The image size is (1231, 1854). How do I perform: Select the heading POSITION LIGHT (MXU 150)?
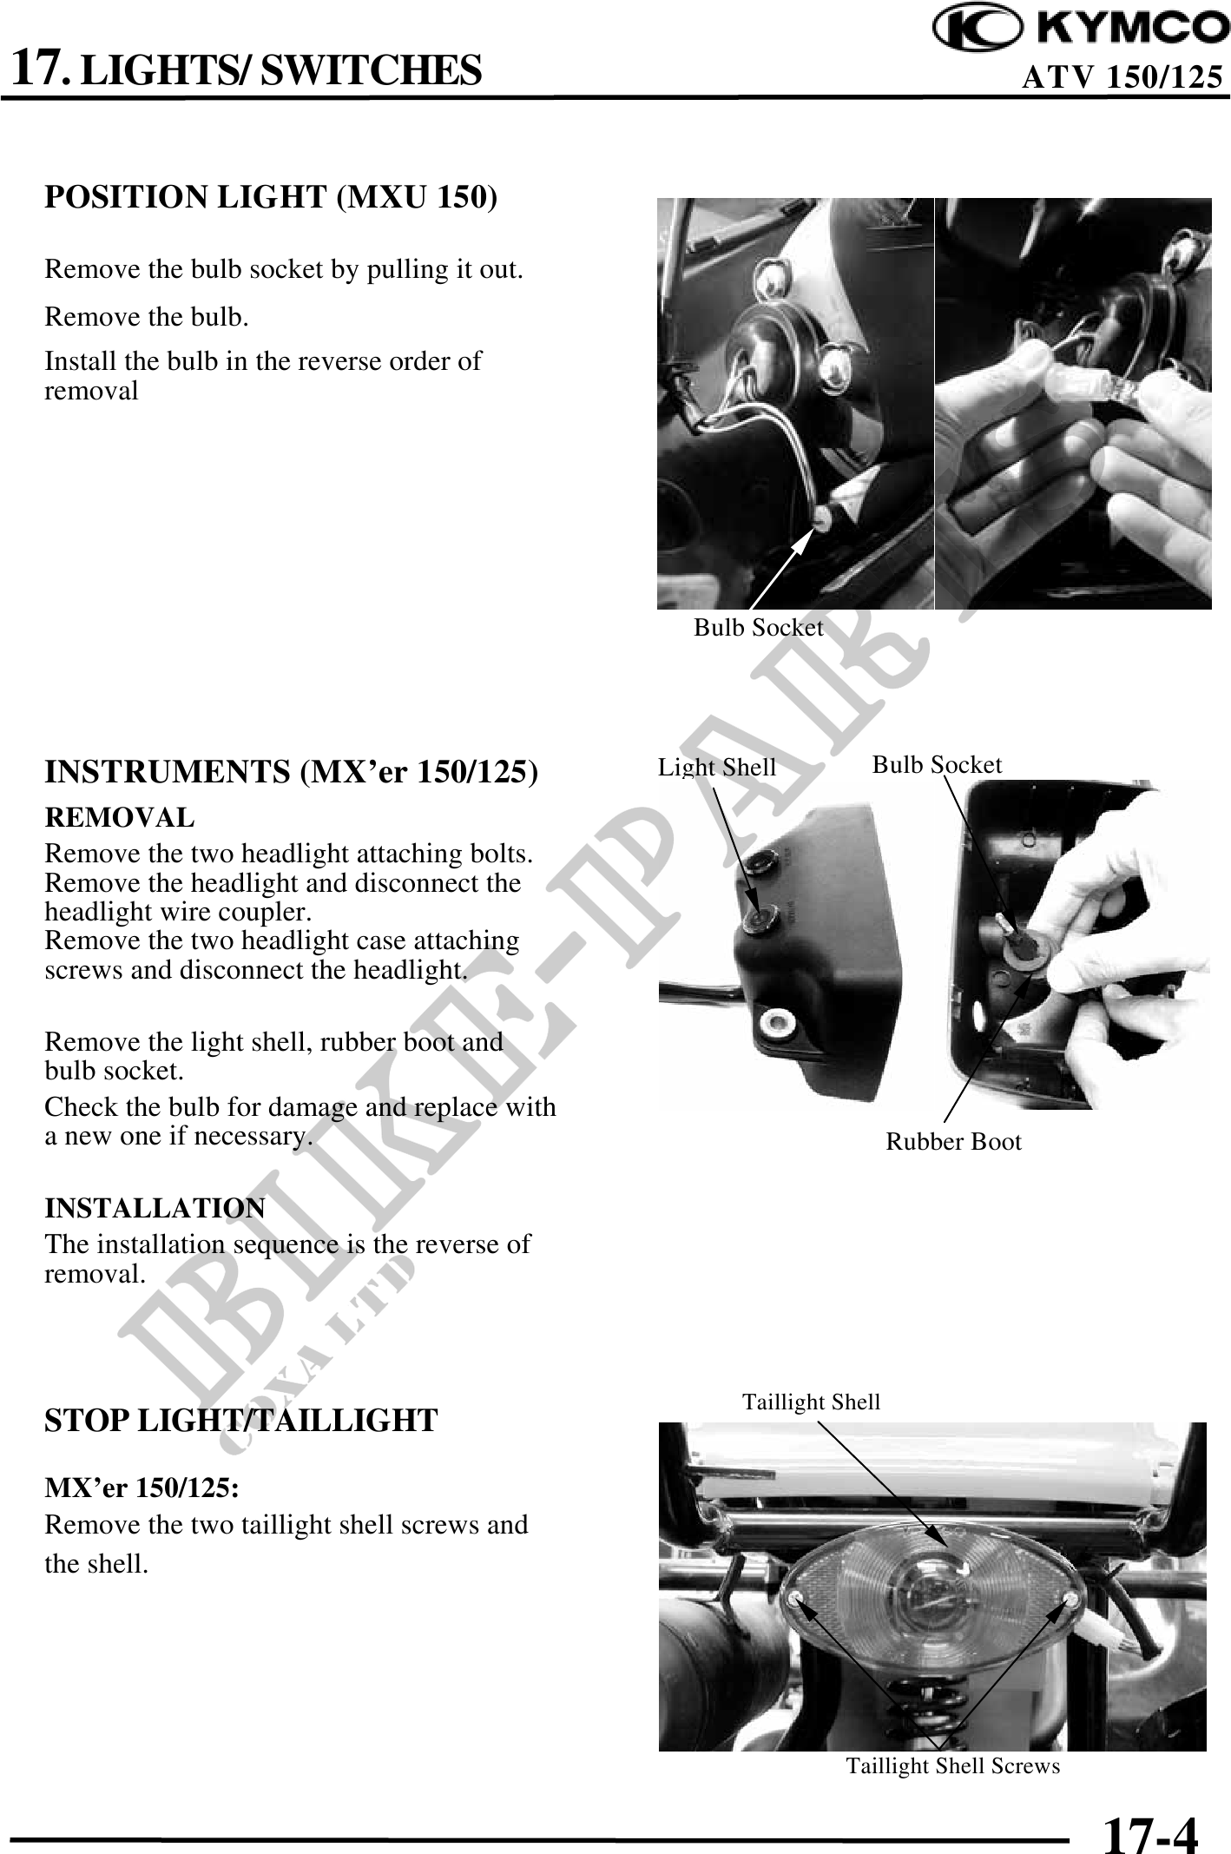(x=272, y=198)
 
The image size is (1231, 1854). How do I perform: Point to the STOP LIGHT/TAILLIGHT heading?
(x=241, y=1420)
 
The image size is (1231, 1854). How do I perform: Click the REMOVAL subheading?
(x=120, y=817)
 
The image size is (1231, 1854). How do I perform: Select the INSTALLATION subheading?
(x=155, y=1208)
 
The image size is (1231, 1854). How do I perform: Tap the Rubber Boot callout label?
(x=953, y=1142)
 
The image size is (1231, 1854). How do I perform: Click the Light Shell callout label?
(x=717, y=768)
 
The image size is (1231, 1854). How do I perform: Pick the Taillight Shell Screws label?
(x=953, y=1765)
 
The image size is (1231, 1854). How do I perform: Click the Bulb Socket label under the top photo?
(x=758, y=628)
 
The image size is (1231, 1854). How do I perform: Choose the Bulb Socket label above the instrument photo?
(x=937, y=765)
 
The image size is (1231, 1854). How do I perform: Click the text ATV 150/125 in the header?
(x=1123, y=78)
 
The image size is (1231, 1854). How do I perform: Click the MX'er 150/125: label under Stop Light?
(x=142, y=1488)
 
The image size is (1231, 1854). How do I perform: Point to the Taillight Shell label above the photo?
(x=812, y=1402)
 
